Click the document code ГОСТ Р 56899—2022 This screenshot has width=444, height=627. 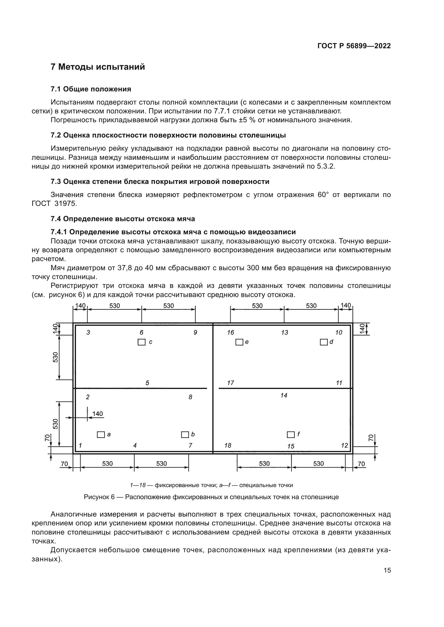[354, 46]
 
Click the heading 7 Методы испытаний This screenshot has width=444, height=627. [98, 67]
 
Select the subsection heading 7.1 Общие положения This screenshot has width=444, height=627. [91, 89]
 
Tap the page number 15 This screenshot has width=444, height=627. [387, 570]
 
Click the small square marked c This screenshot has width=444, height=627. [141, 342]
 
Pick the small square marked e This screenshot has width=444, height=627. [239, 342]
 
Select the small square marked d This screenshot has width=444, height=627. [324, 342]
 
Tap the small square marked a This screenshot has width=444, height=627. [101, 435]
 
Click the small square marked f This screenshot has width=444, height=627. [291, 435]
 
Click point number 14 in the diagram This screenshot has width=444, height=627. [284, 395]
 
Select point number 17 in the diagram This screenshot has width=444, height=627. [231, 383]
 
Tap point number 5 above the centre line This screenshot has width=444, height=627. [147, 383]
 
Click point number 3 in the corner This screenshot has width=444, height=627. [88, 333]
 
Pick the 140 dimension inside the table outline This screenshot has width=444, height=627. [98, 414]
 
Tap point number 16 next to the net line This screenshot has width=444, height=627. [231, 333]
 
